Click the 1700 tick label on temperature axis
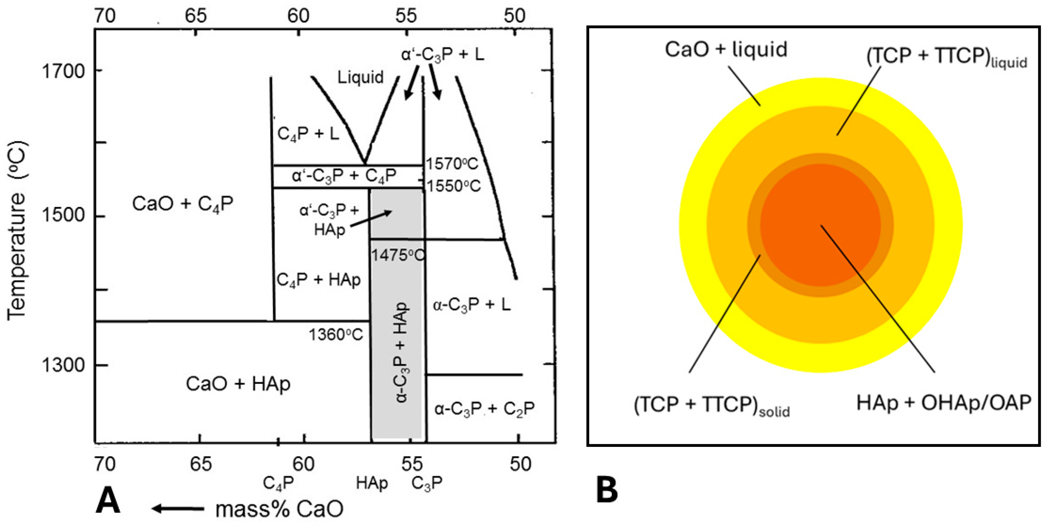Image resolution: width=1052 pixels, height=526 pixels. click(x=63, y=72)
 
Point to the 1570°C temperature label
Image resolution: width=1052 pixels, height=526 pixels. click(x=452, y=164)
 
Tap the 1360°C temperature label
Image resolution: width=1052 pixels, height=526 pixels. click(x=336, y=335)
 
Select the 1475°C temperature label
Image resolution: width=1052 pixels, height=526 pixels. click(x=398, y=255)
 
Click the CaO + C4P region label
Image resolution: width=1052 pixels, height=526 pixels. click(x=183, y=204)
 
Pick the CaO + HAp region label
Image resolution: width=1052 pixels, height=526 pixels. click(x=238, y=384)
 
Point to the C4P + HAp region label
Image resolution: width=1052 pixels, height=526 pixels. click(x=318, y=280)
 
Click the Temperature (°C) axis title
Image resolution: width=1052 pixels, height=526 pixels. click(x=17, y=231)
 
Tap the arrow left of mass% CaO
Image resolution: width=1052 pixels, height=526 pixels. click(x=178, y=508)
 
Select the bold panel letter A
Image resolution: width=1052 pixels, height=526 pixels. click(x=108, y=501)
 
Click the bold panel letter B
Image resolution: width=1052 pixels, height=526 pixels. click(x=607, y=490)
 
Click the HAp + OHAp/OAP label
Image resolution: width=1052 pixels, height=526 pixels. click(x=943, y=403)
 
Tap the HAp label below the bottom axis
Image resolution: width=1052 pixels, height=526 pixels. click(x=372, y=483)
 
